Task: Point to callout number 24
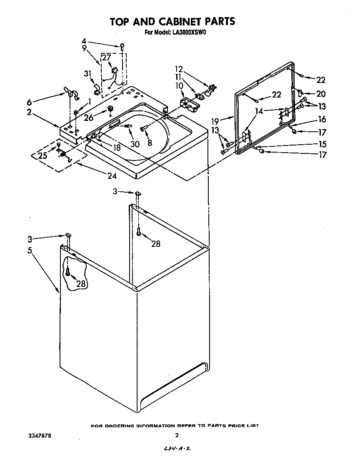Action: (x=112, y=176)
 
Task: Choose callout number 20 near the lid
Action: (x=321, y=94)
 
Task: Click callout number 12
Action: (x=179, y=69)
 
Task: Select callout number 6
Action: (x=30, y=102)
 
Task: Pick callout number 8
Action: (x=150, y=142)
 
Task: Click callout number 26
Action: (x=88, y=118)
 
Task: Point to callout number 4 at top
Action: (x=84, y=41)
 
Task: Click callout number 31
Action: (x=87, y=74)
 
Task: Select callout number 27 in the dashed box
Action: (x=107, y=58)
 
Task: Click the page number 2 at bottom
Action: (x=177, y=435)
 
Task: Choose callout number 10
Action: (x=179, y=85)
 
